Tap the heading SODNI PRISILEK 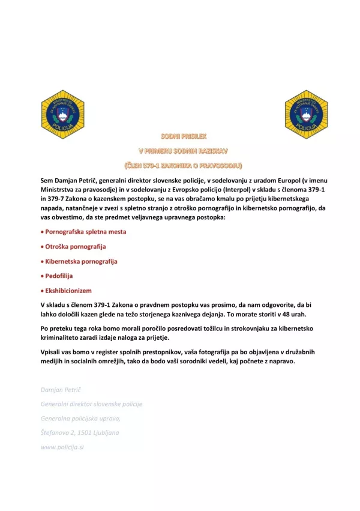[181, 137]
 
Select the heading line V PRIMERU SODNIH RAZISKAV [182, 151]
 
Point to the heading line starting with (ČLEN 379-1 [182, 165]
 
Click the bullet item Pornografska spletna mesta [85, 231]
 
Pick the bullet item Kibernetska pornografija [81, 261]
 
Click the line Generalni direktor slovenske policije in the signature [91, 404]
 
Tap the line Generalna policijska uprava [80, 418]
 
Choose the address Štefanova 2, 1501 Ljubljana [80, 432]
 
